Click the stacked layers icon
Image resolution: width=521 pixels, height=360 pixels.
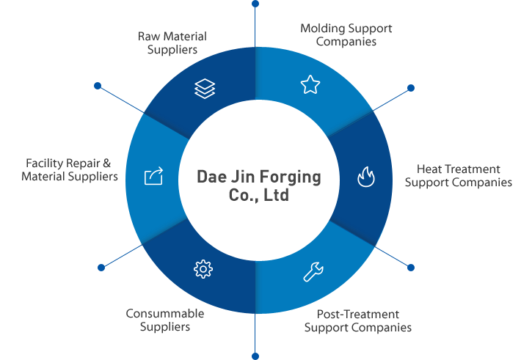click(205, 88)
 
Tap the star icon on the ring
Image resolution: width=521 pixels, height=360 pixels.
click(310, 85)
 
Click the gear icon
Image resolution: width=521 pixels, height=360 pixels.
click(203, 269)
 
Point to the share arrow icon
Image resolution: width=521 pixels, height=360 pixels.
click(153, 176)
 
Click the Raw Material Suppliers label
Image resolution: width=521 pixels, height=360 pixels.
click(172, 43)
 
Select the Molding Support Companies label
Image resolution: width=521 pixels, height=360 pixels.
click(346, 34)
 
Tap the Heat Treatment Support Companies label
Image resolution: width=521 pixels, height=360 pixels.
click(459, 176)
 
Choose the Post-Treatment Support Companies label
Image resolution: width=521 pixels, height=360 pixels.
click(358, 320)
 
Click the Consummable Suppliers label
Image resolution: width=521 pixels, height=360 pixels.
click(165, 320)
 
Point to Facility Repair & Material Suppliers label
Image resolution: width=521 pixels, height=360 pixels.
click(70, 170)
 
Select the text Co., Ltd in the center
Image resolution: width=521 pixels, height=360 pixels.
click(259, 196)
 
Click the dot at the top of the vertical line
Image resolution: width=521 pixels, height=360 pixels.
click(255, 4)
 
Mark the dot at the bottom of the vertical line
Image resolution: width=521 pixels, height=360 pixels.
click(255, 356)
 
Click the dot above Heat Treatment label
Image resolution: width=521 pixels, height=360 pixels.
click(411, 88)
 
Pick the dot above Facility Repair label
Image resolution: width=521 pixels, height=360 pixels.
click(98, 86)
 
